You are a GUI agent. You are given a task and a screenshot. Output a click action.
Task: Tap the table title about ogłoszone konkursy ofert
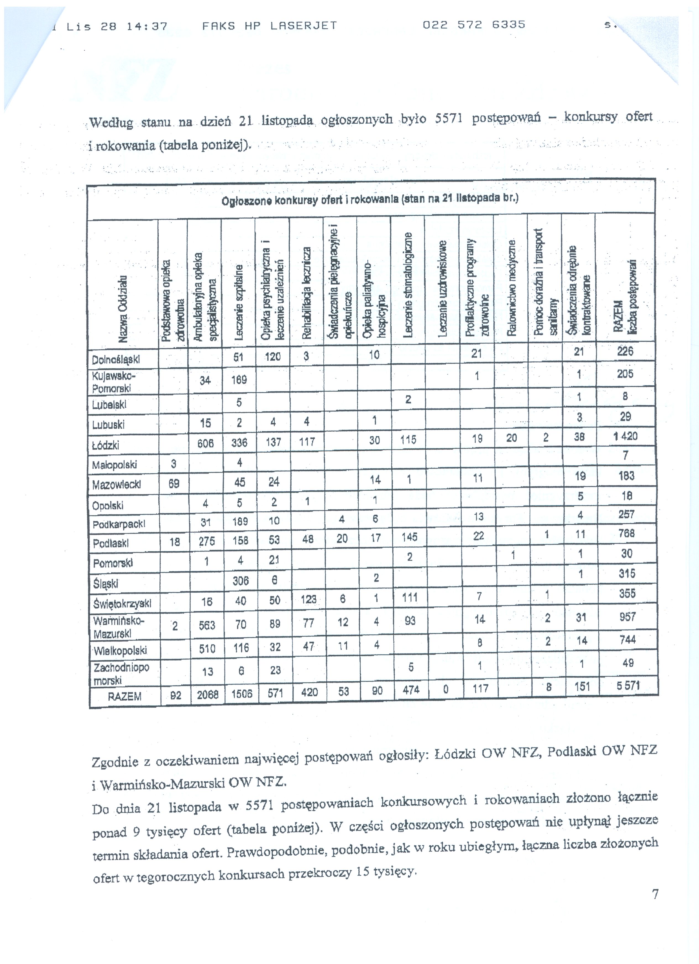point(370,199)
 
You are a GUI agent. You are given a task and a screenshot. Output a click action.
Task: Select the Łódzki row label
point(105,445)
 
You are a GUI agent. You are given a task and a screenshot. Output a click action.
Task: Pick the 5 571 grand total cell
point(628,685)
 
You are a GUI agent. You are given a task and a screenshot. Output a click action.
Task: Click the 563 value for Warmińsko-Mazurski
point(207,625)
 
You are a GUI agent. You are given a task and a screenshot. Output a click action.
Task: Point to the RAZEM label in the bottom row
point(124,696)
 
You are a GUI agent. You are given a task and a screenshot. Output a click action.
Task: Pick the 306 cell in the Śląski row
point(240,580)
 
